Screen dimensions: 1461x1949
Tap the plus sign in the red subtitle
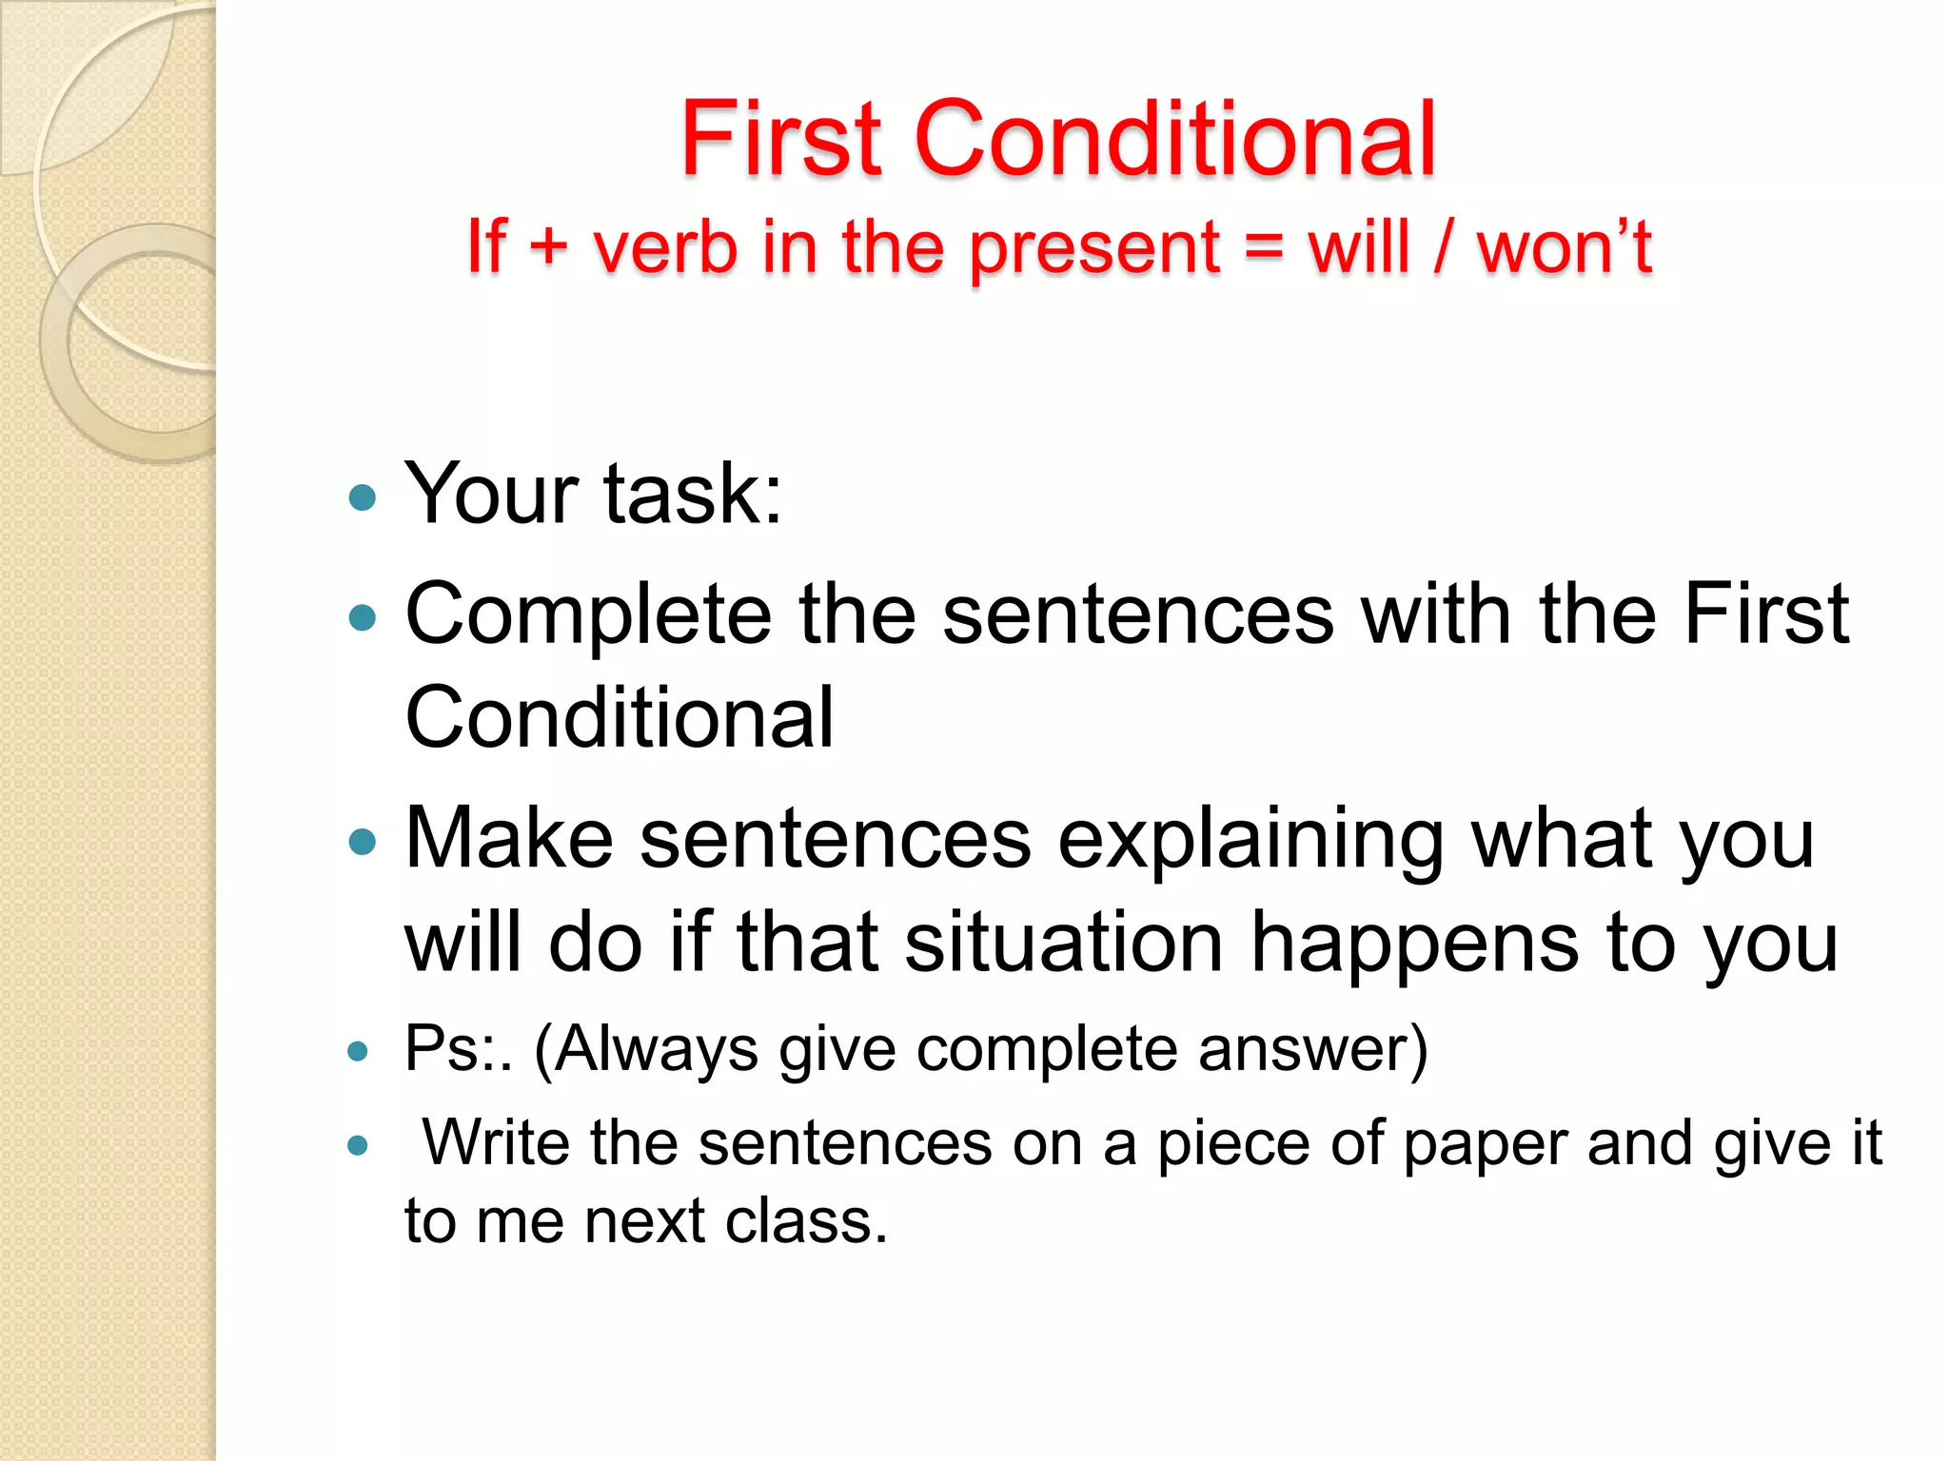pos(548,245)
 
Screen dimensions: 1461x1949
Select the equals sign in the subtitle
pos(1263,247)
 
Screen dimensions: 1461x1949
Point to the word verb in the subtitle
pos(665,246)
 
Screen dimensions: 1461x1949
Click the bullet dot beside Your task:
pos(363,497)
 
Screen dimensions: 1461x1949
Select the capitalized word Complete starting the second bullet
pos(588,616)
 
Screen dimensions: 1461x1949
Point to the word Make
pos(509,838)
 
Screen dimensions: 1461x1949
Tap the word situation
pos(1063,942)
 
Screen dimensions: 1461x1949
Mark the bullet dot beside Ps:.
pos(358,1051)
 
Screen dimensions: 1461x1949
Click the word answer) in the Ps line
pos(1312,1049)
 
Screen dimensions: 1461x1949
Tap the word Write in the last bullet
pos(495,1141)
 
